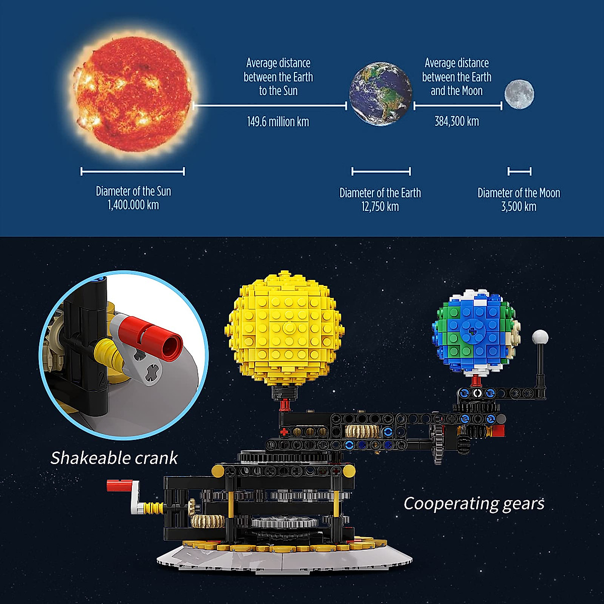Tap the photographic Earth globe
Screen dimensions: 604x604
[380, 93]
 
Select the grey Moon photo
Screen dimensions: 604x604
[519, 94]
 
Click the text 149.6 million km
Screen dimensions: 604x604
[278, 122]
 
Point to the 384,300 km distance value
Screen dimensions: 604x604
[457, 121]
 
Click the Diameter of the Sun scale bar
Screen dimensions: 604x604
[132, 172]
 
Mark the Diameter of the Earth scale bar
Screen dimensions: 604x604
[381, 172]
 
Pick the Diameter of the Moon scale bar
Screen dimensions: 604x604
[519, 172]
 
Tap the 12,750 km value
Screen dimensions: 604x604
[380, 206]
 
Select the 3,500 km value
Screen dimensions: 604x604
[518, 206]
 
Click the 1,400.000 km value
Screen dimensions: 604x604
[133, 205]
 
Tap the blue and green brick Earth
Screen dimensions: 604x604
[475, 332]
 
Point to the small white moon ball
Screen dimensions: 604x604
[540, 336]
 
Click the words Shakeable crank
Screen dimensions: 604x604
[114, 458]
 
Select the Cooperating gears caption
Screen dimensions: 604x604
[474, 503]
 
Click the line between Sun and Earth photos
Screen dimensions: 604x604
[270, 106]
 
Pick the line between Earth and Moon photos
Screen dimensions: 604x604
[458, 106]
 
